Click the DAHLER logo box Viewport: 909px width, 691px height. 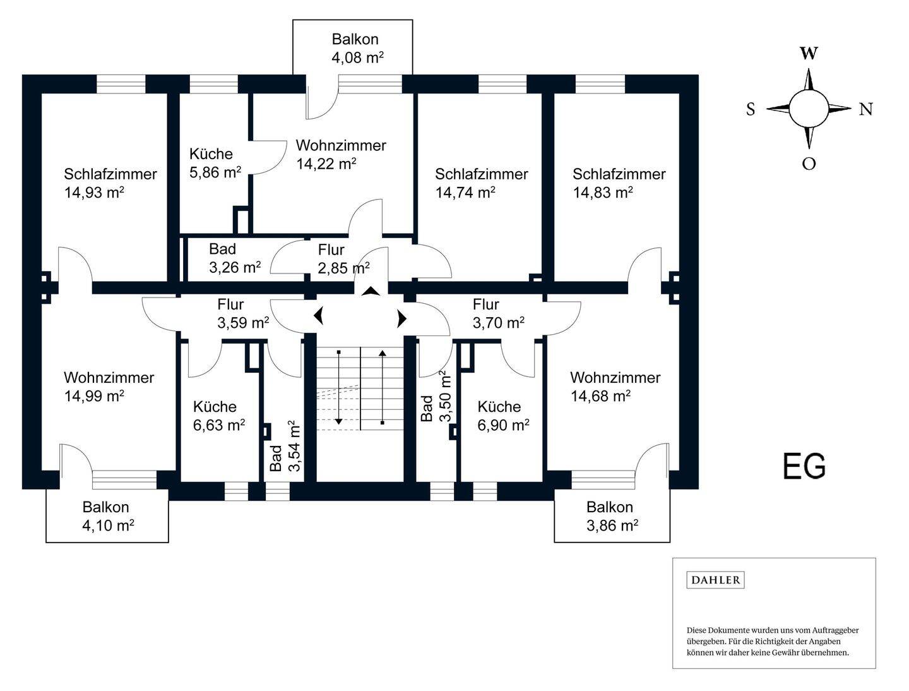(715, 580)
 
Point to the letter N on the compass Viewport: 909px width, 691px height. (865, 109)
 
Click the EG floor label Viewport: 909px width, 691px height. (804, 467)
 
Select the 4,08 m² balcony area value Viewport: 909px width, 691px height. (357, 57)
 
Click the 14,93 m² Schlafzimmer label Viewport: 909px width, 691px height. (110, 183)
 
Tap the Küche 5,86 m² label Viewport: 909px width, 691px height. (215, 163)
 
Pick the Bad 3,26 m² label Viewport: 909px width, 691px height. (235, 258)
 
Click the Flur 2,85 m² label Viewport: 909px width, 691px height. (344, 260)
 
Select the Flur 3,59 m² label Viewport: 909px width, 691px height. (243, 313)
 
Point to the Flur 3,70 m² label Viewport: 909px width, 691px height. (499, 313)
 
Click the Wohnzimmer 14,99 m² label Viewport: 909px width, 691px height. (109, 387)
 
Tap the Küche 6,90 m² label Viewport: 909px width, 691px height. (503, 416)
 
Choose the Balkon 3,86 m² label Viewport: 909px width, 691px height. (612, 516)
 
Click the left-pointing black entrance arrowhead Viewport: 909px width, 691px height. (318, 317)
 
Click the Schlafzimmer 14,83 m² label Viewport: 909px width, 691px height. (619, 183)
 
